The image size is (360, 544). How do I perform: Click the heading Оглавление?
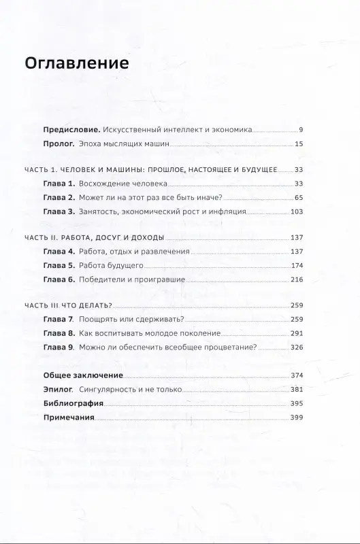click(76, 64)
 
